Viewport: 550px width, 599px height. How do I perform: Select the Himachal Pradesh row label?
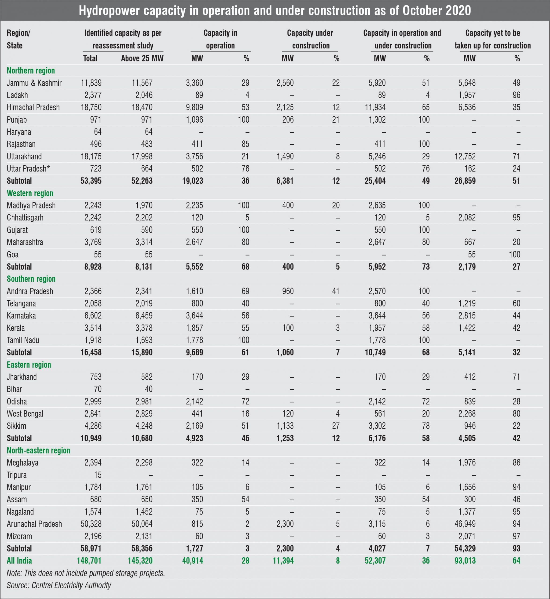click(x=33, y=107)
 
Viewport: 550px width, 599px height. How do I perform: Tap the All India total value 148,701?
click(x=89, y=561)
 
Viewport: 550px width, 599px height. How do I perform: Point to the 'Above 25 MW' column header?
click(x=142, y=58)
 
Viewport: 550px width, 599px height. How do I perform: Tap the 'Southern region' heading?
click(x=31, y=279)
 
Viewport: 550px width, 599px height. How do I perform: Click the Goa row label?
click(x=12, y=254)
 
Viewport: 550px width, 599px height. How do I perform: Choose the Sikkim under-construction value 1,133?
click(x=285, y=426)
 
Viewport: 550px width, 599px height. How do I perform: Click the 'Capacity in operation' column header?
click(x=220, y=39)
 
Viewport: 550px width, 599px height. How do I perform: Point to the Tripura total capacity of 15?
click(x=97, y=475)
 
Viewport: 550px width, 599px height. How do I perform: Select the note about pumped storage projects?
click(x=86, y=573)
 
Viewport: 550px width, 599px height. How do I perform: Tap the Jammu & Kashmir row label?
click(x=34, y=83)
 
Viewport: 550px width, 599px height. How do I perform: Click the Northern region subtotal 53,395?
click(x=91, y=181)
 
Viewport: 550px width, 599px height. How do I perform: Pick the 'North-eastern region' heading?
click(x=38, y=450)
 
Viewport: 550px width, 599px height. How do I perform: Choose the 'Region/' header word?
click(x=18, y=33)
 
